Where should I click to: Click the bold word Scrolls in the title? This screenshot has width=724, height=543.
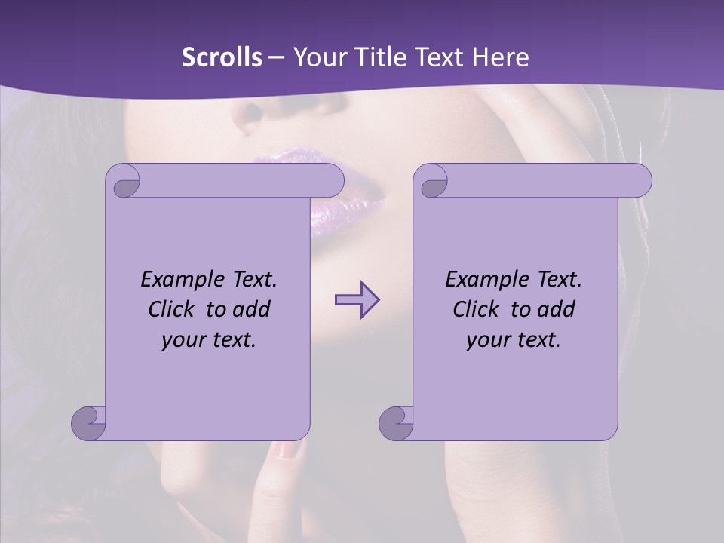point(222,57)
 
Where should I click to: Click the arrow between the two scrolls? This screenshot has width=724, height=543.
point(357,300)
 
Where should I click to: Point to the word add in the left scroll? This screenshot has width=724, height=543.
point(252,309)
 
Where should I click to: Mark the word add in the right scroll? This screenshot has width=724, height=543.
point(557,309)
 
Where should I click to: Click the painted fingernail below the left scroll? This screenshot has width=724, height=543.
point(287,450)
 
